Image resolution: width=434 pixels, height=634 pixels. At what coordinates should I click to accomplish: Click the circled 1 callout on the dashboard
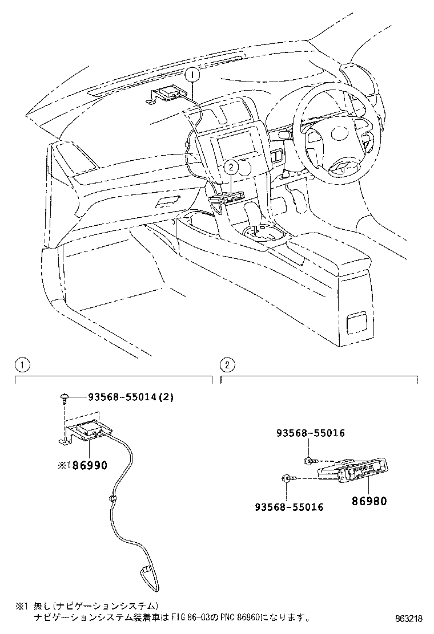coord(192,74)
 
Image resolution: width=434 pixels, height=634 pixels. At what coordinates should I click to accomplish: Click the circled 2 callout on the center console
coord(230,167)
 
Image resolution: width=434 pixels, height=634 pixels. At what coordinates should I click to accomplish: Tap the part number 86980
coord(369,502)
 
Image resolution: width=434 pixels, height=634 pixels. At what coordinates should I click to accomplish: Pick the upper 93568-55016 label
coord(311,433)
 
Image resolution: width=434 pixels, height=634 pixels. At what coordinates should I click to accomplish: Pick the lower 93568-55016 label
coord(289,507)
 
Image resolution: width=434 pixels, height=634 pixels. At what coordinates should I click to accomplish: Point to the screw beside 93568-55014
coord(64,399)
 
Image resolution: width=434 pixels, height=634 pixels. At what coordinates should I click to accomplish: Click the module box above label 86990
coord(90,430)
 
